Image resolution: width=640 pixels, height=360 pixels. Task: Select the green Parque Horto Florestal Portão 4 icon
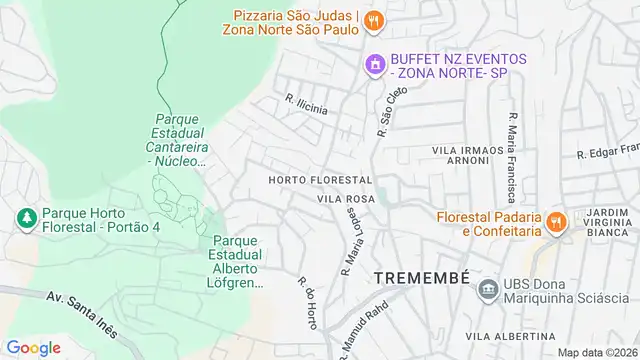[x=24, y=217]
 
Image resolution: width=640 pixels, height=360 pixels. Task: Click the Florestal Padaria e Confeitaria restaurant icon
[x=557, y=220]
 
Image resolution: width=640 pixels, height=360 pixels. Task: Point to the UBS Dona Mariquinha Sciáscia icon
[x=487, y=290]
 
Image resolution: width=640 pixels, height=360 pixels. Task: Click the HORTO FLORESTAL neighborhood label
[x=320, y=180]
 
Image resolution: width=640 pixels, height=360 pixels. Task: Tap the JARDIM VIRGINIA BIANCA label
[x=608, y=223]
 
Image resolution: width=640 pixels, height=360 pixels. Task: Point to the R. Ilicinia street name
[x=306, y=105]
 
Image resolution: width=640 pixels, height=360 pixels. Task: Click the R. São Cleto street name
[x=386, y=110]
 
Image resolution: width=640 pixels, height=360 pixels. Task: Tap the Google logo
[x=33, y=347]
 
